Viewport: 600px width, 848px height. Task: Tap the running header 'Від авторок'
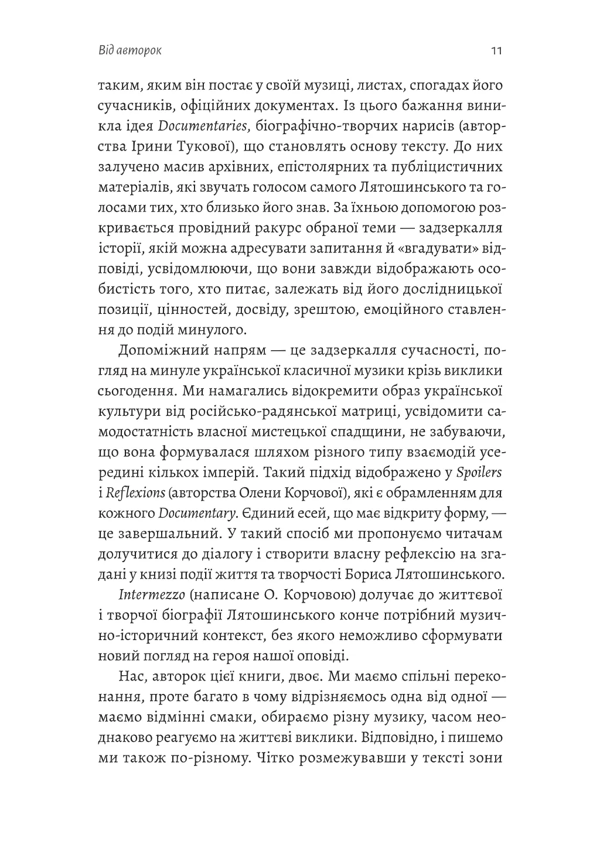130,50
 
